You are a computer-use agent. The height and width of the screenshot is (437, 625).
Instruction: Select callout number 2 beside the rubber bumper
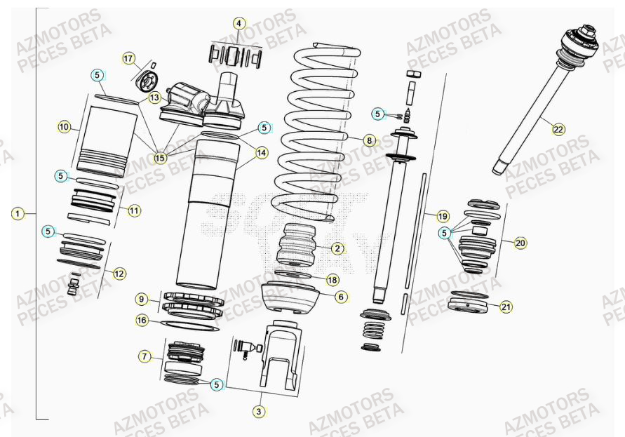point(337,248)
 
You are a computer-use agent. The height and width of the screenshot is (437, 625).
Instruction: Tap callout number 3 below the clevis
point(258,411)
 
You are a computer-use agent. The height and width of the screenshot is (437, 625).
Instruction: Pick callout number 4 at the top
point(238,23)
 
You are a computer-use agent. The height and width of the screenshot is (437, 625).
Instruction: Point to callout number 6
point(341,297)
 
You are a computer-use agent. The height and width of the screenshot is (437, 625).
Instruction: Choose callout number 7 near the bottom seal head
point(145,357)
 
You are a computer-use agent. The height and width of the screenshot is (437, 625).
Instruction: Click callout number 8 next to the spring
point(370,140)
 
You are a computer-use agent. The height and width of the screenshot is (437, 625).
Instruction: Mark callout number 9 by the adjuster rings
point(142,300)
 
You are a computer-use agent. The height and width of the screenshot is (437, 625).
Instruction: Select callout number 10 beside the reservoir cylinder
point(64,127)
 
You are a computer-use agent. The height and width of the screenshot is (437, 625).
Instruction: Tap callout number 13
point(154,98)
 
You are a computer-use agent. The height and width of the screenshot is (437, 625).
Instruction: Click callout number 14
point(261,152)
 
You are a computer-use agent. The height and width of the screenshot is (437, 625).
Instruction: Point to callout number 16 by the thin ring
point(142,320)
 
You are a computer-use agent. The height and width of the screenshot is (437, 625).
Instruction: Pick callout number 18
point(332,279)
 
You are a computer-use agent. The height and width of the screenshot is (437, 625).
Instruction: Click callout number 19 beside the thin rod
point(442,215)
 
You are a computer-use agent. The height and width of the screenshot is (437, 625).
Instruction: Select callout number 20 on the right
point(520,243)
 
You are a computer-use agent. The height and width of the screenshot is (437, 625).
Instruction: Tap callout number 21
point(506,307)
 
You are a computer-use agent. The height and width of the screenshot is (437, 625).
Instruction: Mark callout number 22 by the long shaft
point(558,129)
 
